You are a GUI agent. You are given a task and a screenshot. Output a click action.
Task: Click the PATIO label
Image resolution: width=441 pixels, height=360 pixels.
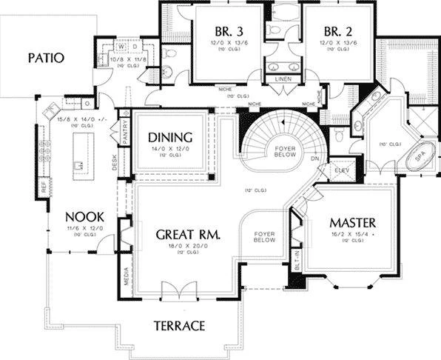[x=46, y=56]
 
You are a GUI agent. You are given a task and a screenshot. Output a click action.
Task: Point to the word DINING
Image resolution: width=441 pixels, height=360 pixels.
[x=170, y=138]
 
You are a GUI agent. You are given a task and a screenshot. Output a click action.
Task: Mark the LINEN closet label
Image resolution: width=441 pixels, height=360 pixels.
[x=282, y=79]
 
